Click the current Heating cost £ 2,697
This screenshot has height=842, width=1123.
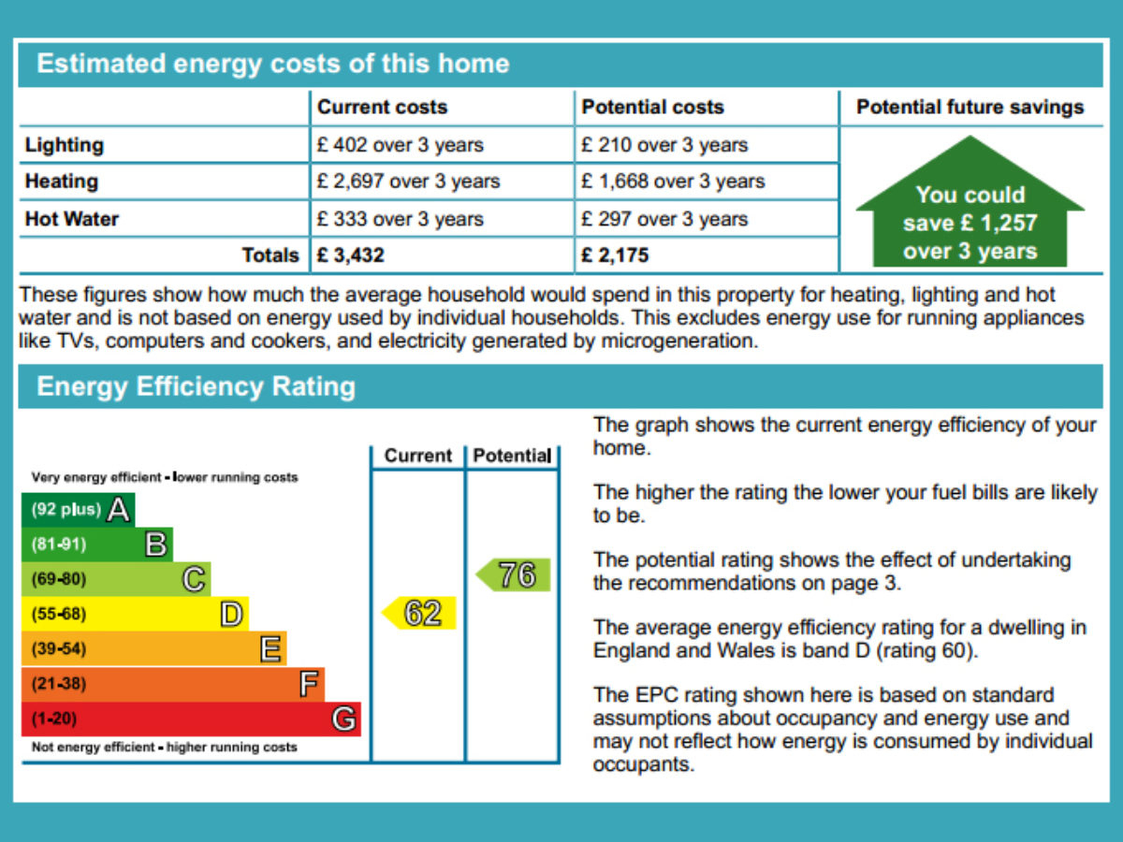click(409, 181)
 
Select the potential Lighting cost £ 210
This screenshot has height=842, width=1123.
click(664, 145)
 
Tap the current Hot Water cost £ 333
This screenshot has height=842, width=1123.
click(401, 219)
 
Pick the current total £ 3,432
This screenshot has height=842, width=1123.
click(351, 254)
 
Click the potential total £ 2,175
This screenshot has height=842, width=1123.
click(615, 254)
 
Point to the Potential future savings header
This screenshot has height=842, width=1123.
click(970, 108)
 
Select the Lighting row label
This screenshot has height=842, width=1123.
click(65, 145)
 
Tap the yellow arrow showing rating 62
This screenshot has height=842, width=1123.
click(419, 613)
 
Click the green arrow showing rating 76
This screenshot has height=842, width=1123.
click(514, 575)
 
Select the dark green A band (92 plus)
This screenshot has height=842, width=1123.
click(77, 510)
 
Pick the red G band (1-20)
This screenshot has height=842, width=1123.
click(190, 719)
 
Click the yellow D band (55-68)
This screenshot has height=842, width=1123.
click(134, 615)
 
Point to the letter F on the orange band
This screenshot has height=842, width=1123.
click(309, 685)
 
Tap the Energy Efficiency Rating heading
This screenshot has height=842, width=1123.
click(196, 387)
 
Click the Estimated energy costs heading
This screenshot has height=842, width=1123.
click(272, 64)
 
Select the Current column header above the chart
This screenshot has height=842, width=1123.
click(417, 456)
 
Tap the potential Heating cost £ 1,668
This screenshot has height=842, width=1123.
click(673, 181)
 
